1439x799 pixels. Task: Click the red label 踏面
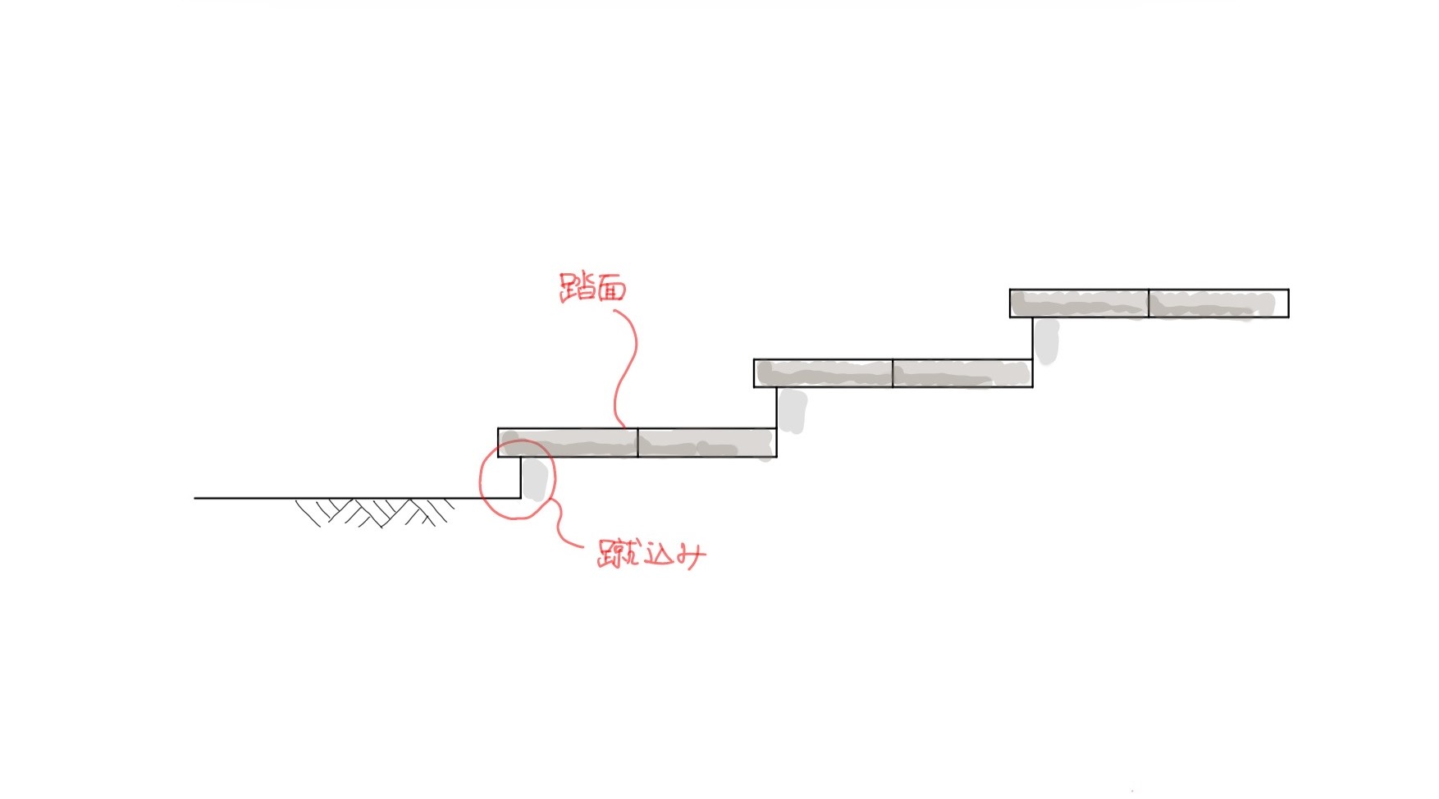pyautogui.click(x=593, y=287)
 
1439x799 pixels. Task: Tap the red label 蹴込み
pyautogui.click(x=651, y=555)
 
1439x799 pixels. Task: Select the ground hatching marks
pyautogui.click(x=375, y=512)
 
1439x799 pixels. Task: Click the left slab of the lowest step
pyautogui.click(x=568, y=442)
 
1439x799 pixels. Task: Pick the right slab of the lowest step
pyautogui.click(x=707, y=442)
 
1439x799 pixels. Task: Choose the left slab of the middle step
pyautogui.click(x=823, y=372)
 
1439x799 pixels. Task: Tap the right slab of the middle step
pyautogui.click(x=962, y=372)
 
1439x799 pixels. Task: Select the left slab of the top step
pyautogui.click(x=1079, y=303)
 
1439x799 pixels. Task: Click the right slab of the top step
pyautogui.click(x=1218, y=303)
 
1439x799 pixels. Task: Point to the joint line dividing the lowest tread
pyautogui.click(x=637, y=442)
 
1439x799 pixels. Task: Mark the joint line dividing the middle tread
pyautogui.click(x=893, y=372)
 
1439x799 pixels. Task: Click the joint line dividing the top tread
pyautogui.click(x=1149, y=303)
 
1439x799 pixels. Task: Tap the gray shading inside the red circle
pyautogui.click(x=534, y=479)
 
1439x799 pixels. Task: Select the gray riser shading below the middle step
pyautogui.click(x=792, y=410)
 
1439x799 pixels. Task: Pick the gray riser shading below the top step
pyautogui.click(x=1047, y=340)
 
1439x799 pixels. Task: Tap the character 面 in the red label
pyautogui.click(x=610, y=289)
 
